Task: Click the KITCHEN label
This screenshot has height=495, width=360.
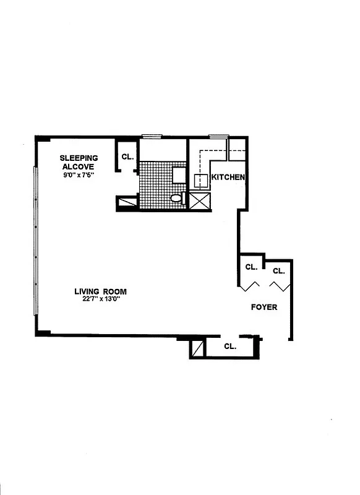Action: pyautogui.click(x=229, y=178)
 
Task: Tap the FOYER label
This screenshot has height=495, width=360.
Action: pyautogui.click(x=264, y=307)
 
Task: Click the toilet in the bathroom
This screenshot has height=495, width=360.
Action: pyautogui.click(x=176, y=199)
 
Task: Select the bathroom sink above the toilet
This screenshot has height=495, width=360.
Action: pyautogui.click(x=179, y=174)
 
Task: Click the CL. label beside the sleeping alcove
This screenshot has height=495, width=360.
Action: pyautogui.click(x=127, y=157)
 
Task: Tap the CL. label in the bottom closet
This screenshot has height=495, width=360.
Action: pyautogui.click(x=230, y=346)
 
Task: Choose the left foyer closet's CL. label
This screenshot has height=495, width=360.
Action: pyautogui.click(x=251, y=267)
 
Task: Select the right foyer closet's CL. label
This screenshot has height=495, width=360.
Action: pyautogui.click(x=278, y=271)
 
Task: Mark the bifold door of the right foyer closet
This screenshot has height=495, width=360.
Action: pyautogui.click(x=278, y=286)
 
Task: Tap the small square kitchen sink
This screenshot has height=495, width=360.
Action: pyautogui.click(x=200, y=181)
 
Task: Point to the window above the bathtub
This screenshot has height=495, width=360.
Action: pyautogui.click(x=151, y=137)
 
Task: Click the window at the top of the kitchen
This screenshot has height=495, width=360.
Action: pyautogui.click(x=218, y=137)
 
